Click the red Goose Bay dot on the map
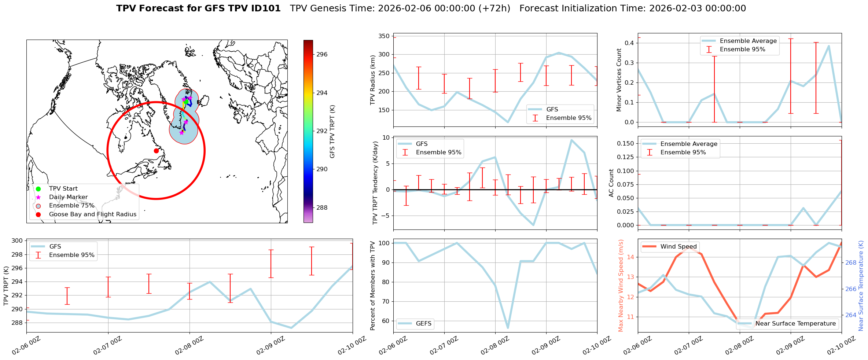pyautogui.click(x=156, y=151)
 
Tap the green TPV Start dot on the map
pyautogui.click(x=186, y=102)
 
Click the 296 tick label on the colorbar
pyautogui.click(x=322, y=55)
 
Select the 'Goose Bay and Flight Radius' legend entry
pyautogui.click(x=92, y=214)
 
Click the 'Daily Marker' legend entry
pyautogui.click(x=68, y=197)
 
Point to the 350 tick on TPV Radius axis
pyautogui.click(x=384, y=36)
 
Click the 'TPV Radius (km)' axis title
pyautogui.click(x=373, y=80)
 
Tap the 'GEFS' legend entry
pyautogui.click(x=423, y=324)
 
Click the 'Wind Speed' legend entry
pyautogui.click(x=678, y=247)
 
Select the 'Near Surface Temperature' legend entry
pyautogui.click(x=795, y=324)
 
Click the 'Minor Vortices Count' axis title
pyautogui.click(x=619, y=80)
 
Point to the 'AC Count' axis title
pyautogui.click(x=611, y=183)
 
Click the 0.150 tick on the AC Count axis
pyautogui.click(x=625, y=143)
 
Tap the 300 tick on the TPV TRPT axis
pyautogui.click(x=17, y=241)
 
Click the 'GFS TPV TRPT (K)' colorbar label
pyautogui.click(x=332, y=131)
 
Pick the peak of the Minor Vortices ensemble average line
pyautogui.click(x=829, y=46)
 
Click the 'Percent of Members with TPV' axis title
pyautogui.click(x=373, y=286)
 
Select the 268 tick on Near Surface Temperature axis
pyautogui.click(x=851, y=262)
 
